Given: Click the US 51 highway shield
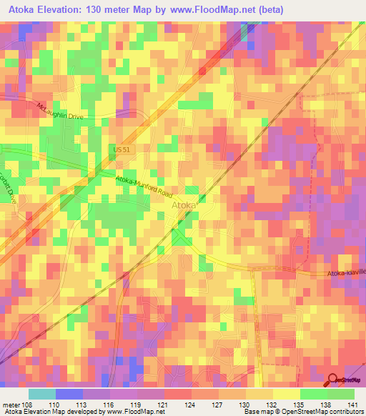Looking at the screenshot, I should [x=120, y=149].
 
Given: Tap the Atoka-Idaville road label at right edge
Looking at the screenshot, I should [x=347, y=273].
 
